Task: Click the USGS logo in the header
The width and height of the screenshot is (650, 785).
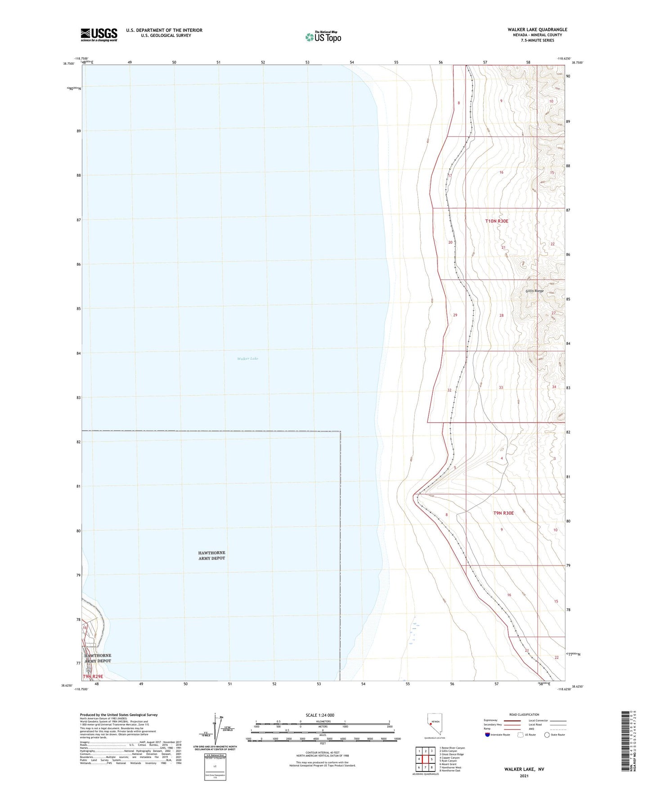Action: [99, 35]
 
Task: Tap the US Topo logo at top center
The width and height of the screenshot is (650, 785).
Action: [323, 37]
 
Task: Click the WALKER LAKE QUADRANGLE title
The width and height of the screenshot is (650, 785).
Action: [537, 30]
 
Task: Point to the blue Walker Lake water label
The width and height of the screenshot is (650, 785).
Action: [247, 358]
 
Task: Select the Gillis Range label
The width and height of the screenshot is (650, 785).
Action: [534, 291]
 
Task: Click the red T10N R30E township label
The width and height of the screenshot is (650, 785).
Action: [497, 221]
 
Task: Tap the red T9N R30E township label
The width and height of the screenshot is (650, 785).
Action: [503, 513]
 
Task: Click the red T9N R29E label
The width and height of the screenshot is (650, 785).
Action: [93, 676]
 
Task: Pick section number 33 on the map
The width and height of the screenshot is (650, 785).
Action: [501, 388]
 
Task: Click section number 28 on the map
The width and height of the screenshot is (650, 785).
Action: [501, 316]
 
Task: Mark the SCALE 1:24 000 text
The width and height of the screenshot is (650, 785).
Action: [320, 715]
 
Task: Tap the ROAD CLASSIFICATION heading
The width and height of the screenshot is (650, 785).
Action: [524, 714]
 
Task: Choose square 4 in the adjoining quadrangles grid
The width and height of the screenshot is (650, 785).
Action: [419, 759]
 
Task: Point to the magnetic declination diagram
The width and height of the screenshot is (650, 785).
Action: [216, 729]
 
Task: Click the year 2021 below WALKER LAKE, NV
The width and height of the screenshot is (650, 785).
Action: [524, 776]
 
